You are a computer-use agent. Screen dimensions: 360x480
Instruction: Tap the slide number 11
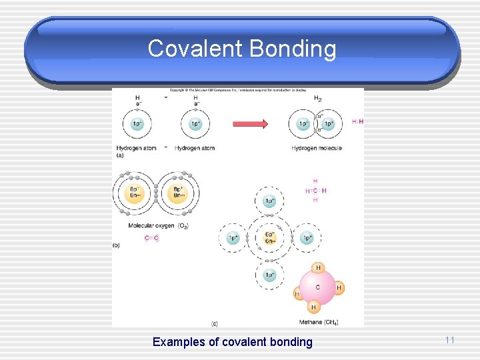[449, 340]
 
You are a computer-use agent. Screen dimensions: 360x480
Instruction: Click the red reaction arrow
[250, 123]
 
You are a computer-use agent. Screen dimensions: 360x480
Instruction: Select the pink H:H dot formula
[357, 121]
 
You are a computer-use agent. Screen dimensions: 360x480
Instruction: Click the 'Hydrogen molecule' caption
[316, 148]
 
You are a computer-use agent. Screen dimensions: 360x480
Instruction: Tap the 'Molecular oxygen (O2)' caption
[158, 225]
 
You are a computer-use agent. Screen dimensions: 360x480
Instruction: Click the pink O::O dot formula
[152, 238]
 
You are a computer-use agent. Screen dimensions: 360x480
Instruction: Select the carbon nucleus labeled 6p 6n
[269, 238]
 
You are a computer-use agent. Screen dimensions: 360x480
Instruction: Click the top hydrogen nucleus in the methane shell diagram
[269, 201]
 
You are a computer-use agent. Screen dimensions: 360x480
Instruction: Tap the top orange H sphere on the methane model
[318, 268]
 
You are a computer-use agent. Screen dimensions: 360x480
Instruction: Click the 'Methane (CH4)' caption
[319, 323]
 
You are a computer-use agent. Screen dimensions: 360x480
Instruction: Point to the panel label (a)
[119, 155]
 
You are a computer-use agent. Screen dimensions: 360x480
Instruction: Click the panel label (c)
[215, 323]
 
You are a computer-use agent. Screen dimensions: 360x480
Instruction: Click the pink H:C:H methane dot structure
[315, 191]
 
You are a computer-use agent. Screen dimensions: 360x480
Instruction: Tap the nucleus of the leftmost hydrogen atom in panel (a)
[137, 124]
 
